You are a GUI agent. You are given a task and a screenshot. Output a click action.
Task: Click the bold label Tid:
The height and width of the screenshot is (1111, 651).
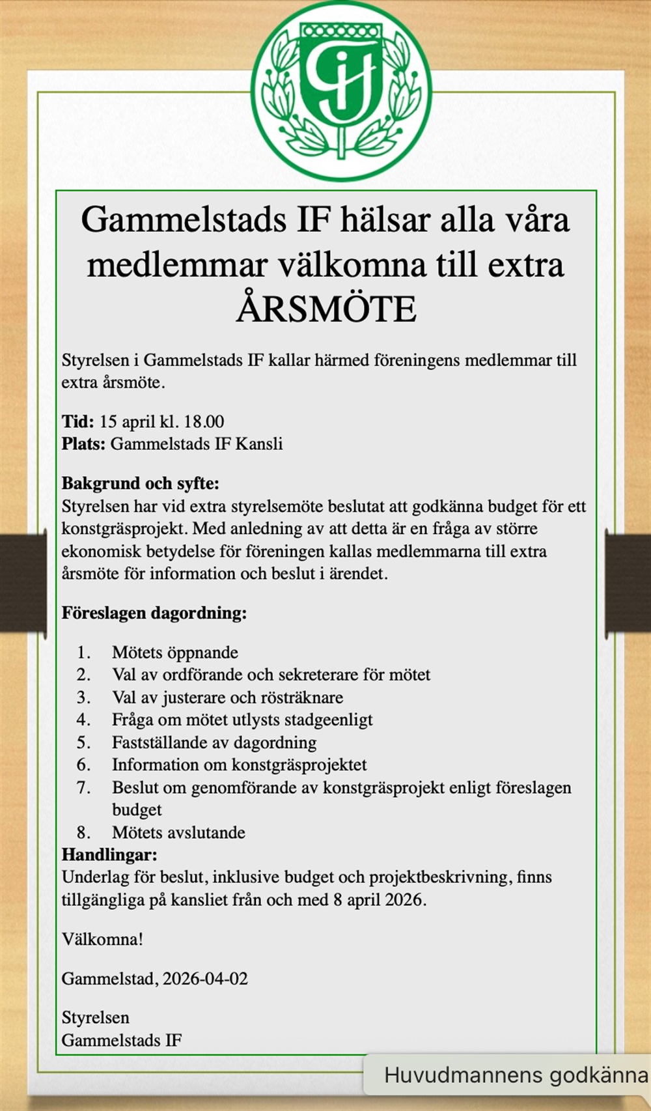click(x=78, y=421)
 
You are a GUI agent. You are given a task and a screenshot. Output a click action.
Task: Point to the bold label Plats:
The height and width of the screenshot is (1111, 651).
click(x=83, y=444)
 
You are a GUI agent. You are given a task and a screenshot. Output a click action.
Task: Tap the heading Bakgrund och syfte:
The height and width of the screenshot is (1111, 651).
click(x=141, y=483)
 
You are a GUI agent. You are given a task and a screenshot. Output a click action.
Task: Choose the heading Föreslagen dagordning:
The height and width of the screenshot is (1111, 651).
click(x=154, y=613)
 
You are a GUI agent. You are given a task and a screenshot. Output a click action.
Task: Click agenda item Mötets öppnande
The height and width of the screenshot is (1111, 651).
click(x=175, y=653)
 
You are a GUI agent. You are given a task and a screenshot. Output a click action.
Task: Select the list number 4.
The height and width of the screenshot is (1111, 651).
click(x=83, y=720)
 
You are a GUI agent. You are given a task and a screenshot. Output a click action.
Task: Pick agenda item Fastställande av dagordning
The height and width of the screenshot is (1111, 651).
click(x=214, y=742)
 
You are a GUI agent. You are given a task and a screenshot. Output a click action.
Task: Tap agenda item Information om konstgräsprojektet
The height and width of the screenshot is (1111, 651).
click(x=240, y=765)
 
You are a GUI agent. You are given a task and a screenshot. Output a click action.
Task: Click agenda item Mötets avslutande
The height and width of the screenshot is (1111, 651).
click(x=178, y=832)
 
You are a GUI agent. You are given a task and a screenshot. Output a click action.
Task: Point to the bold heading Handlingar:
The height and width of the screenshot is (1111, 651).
click(x=109, y=854)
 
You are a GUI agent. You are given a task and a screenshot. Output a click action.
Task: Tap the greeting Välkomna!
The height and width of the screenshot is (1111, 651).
click(x=102, y=939)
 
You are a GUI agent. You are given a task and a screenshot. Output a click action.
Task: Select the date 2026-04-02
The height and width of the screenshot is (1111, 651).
click(x=205, y=978)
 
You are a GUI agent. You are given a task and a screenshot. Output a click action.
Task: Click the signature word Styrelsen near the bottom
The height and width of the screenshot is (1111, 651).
click(x=96, y=1017)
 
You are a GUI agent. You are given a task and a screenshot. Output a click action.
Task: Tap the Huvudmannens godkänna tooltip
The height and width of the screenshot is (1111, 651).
click(x=514, y=1075)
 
